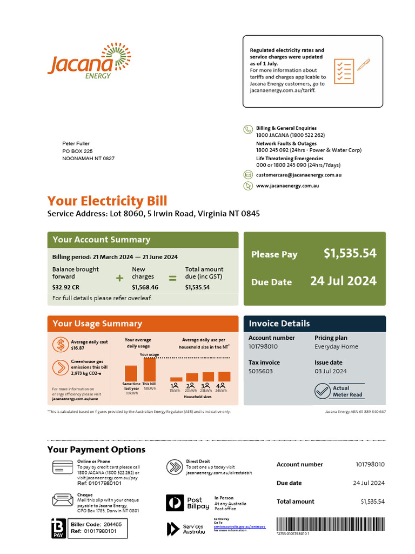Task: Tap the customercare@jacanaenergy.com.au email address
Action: tap(298, 175)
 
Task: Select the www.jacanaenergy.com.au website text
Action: tap(287, 186)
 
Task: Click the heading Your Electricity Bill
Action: tap(107, 201)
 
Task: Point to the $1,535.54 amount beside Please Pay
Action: tap(350, 253)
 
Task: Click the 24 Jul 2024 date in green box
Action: tap(343, 281)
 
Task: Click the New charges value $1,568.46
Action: tap(145, 287)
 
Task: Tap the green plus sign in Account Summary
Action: tap(119, 278)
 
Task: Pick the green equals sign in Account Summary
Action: tap(172, 278)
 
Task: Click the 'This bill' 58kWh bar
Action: tap(149, 370)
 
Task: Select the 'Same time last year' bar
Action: tap(131, 374)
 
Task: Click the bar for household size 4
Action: tap(224, 377)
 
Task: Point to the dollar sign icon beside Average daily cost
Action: tap(61, 345)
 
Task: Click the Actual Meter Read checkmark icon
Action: tap(323, 391)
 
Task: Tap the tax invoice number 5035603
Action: tap(260, 371)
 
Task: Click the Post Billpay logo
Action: tap(188, 503)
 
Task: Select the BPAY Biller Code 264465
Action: tap(112, 524)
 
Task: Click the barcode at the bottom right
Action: tap(330, 524)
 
